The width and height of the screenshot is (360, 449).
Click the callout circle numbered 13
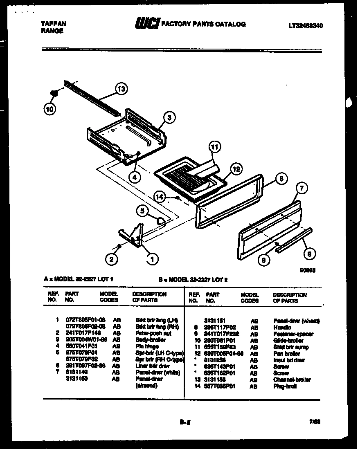(121, 88)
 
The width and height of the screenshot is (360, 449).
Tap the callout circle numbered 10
(49, 108)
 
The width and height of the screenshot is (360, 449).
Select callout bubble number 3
(170, 118)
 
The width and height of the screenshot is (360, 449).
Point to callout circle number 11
(214, 147)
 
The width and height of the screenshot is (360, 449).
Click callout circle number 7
(301, 188)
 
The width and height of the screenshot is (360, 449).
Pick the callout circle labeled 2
(110, 258)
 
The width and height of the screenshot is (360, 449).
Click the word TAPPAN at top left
(53, 24)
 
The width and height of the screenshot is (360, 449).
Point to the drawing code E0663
(307, 270)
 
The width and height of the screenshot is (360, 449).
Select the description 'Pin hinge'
(147, 346)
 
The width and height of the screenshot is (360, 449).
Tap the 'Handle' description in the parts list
(282, 328)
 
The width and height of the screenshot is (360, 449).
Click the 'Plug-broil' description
(285, 386)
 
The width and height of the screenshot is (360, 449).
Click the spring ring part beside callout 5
(161, 221)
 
